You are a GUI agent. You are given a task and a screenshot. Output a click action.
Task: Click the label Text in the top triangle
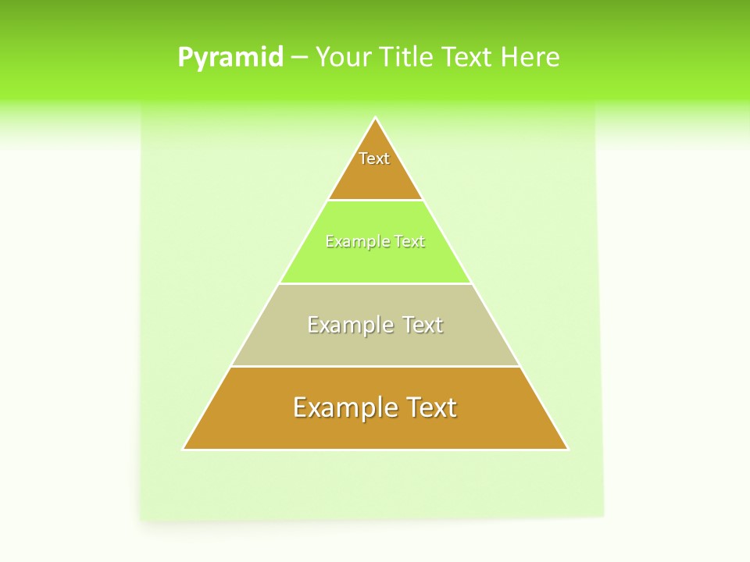[x=374, y=158]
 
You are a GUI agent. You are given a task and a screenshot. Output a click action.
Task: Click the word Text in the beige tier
[x=423, y=325]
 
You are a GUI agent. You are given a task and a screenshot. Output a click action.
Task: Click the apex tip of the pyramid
[x=376, y=118]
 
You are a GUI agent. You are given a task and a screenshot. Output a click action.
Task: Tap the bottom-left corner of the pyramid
[x=183, y=450]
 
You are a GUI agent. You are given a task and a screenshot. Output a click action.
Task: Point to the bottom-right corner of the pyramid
[x=568, y=450]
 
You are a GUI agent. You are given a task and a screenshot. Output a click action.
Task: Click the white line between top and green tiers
[x=376, y=200]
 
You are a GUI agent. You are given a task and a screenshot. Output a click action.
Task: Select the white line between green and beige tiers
[x=376, y=283]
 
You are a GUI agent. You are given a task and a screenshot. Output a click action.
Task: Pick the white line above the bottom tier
[x=376, y=366]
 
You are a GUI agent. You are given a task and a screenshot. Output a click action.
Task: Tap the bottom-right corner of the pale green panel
[x=603, y=516]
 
